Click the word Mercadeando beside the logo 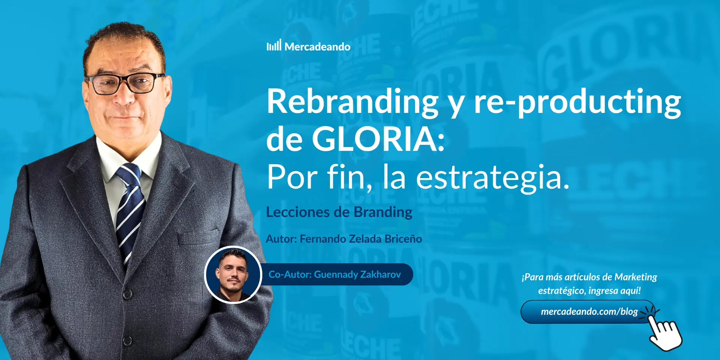click(317, 47)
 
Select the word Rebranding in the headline click(352, 102)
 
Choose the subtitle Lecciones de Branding click(339, 212)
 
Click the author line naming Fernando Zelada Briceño click(344, 239)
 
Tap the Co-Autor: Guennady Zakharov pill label click(334, 274)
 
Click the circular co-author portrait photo click(233, 274)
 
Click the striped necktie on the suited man click(129, 210)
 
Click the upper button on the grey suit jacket click(127, 294)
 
